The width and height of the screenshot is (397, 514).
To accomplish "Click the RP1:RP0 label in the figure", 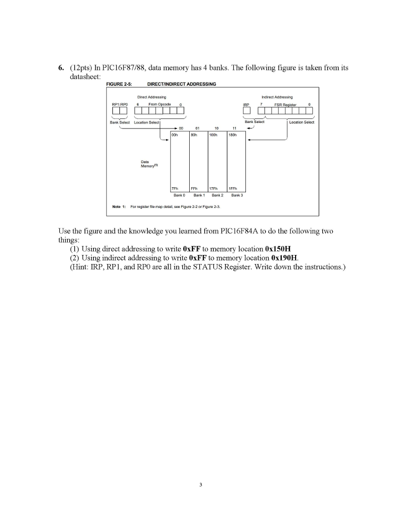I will (x=120, y=104).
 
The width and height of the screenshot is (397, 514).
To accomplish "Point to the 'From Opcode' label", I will (x=160, y=104).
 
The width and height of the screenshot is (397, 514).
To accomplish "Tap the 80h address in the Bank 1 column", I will (x=193, y=135).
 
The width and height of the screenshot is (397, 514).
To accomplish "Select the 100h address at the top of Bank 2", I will (x=212, y=135).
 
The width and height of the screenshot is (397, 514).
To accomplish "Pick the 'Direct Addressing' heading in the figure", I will (x=152, y=97).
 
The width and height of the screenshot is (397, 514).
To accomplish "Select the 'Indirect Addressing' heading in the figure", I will (x=277, y=97).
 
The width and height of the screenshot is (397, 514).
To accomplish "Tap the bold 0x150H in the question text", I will (x=284, y=249).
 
